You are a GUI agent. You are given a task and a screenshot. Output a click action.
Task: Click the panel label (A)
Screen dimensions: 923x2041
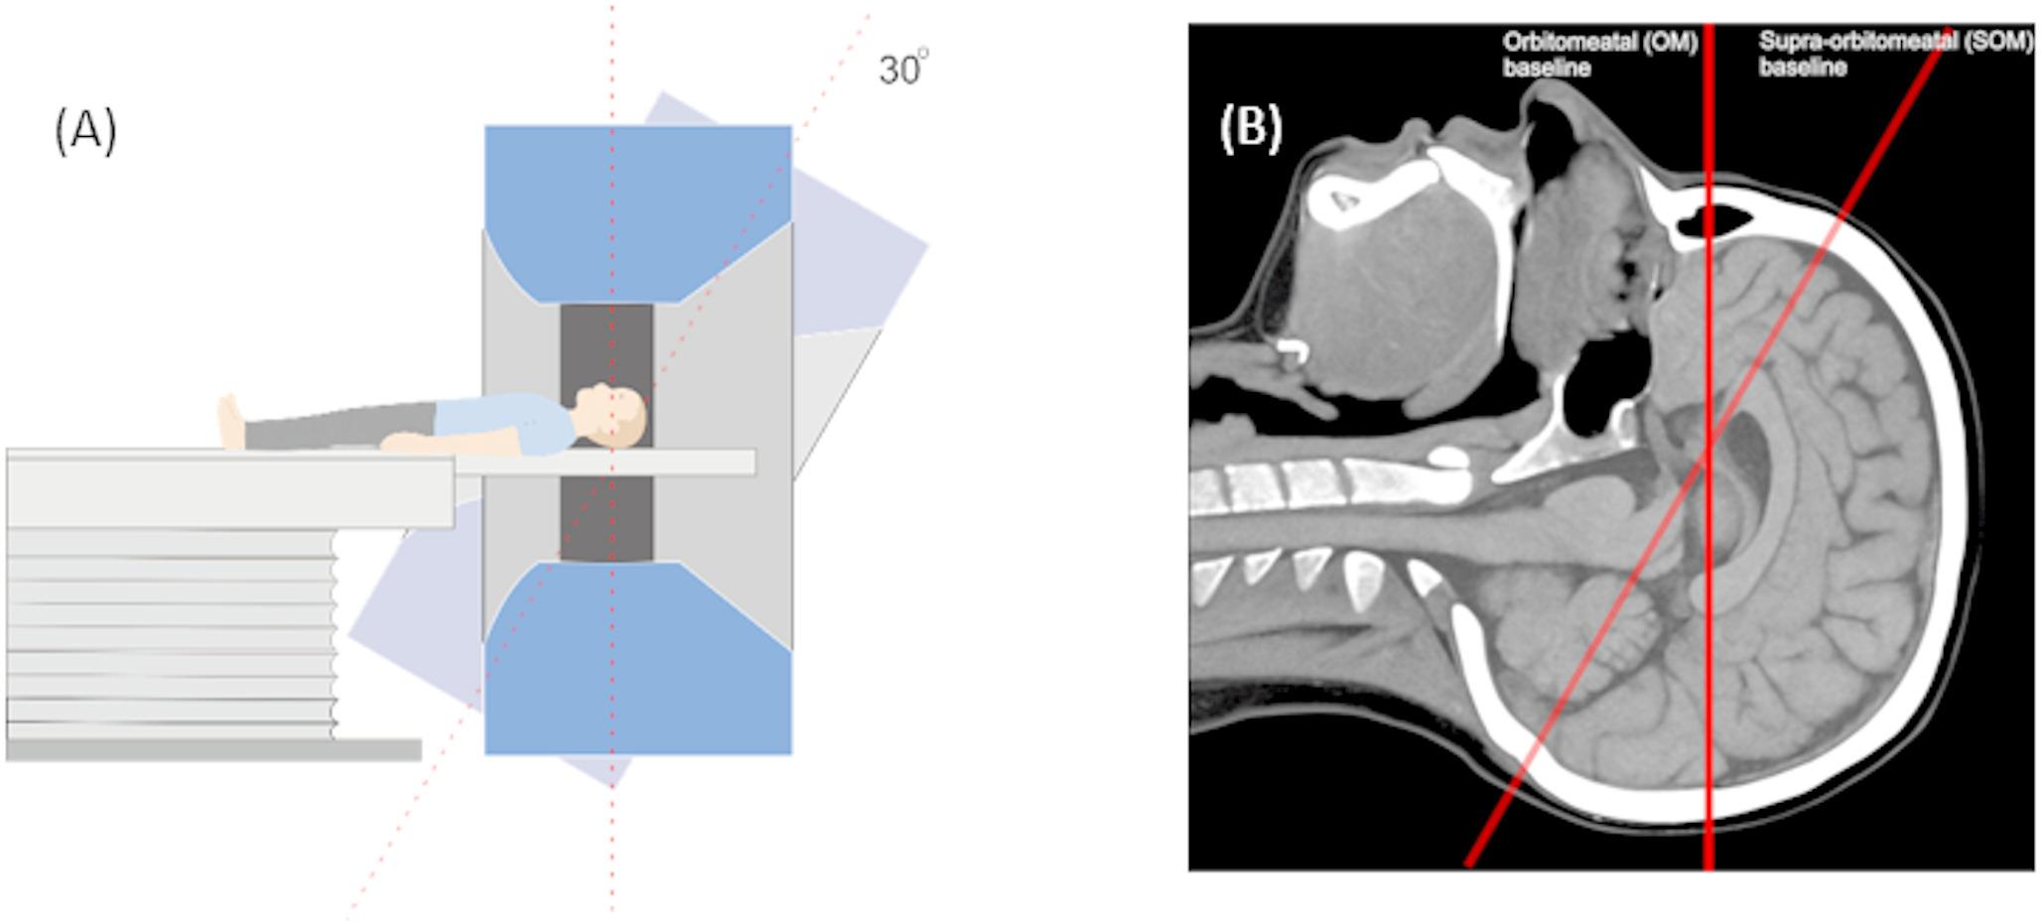(85, 131)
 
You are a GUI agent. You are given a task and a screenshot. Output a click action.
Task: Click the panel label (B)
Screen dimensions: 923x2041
(1250, 129)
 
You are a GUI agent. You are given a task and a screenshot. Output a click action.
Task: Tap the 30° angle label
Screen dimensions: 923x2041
(902, 69)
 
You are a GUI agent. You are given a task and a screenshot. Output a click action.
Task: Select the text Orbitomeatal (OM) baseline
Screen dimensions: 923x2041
(1598, 55)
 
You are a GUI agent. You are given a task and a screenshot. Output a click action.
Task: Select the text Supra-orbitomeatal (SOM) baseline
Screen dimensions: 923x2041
(1894, 55)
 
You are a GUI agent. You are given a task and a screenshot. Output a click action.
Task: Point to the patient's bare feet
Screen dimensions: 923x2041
(230, 421)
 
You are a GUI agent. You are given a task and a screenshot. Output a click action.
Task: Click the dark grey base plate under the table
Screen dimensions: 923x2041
(213, 750)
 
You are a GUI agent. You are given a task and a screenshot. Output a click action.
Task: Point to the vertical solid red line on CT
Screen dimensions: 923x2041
(1708, 645)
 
